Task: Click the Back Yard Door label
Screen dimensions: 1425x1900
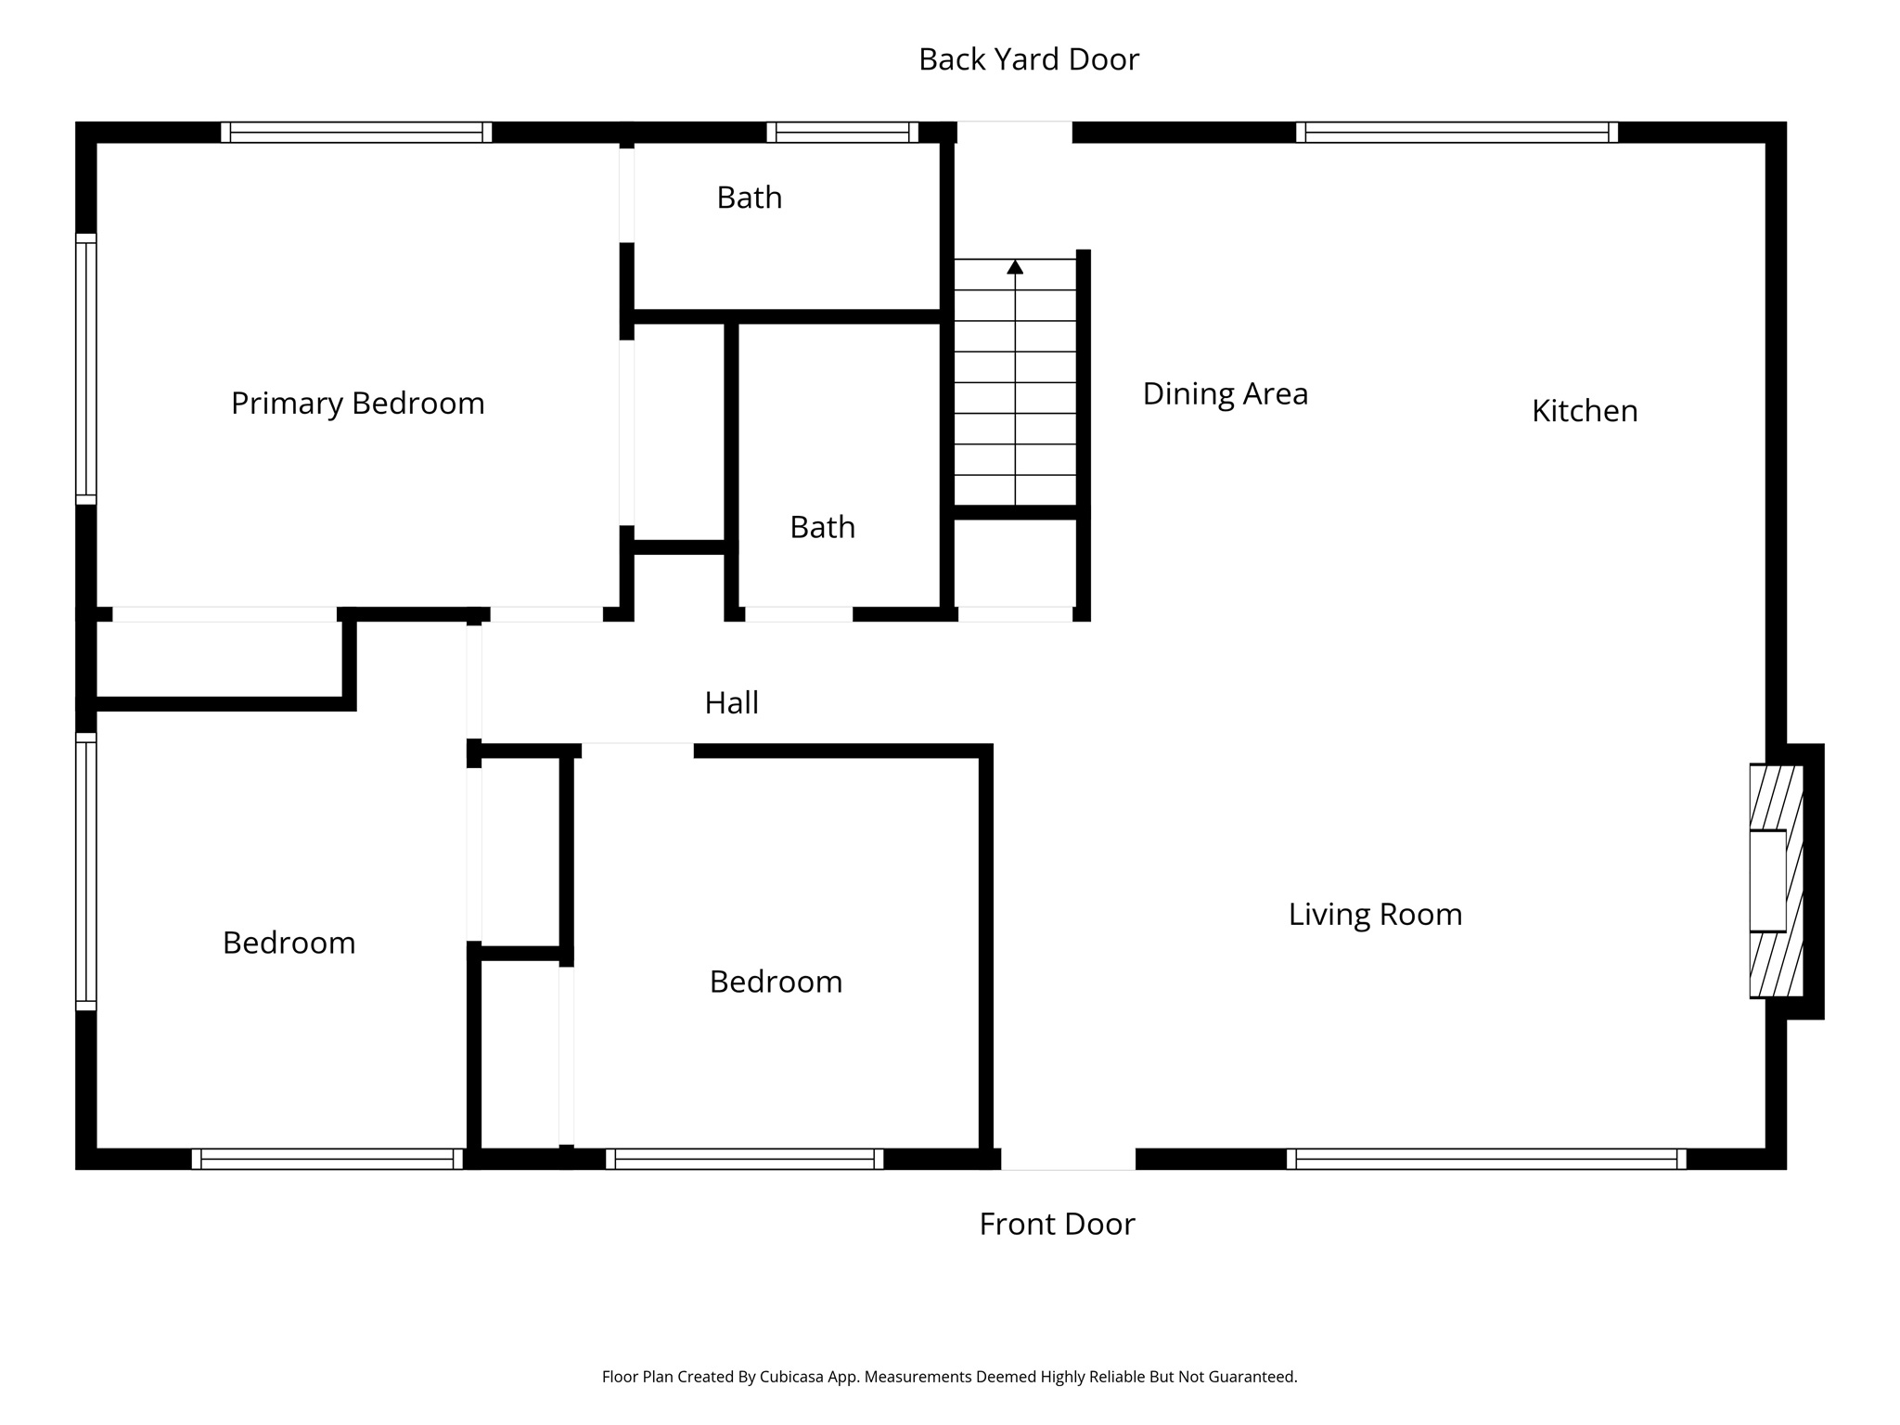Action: click(x=1028, y=59)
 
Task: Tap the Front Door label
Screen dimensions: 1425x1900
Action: click(x=1057, y=1224)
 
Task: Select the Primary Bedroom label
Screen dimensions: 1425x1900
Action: click(x=357, y=404)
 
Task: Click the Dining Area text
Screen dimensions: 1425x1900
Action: click(x=1225, y=393)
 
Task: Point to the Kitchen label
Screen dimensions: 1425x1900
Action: click(x=1584, y=411)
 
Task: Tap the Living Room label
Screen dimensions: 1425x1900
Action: click(x=1374, y=915)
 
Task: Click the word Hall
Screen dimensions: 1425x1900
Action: click(x=731, y=703)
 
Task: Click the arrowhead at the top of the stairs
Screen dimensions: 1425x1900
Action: click(x=1015, y=267)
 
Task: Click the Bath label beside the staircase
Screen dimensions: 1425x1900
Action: click(x=822, y=527)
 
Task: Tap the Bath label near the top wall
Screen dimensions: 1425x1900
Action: click(x=749, y=198)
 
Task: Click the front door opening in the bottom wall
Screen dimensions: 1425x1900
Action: click(x=1067, y=1158)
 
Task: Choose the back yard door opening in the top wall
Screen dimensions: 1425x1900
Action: click(x=1014, y=133)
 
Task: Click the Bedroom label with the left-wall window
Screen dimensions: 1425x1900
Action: click(x=289, y=943)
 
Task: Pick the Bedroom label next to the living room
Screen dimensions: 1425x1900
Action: click(x=776, y=982)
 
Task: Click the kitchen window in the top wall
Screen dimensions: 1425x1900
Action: click(x=1456, y=133)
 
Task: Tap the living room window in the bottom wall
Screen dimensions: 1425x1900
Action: click(x=1485, y=1158)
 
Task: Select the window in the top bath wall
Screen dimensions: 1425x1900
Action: click(x=841, y=133)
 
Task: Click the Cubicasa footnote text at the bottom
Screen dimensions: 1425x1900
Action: click(x=949, y=1377)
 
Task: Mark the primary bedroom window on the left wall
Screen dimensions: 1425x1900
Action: click(x=85, y=368)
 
